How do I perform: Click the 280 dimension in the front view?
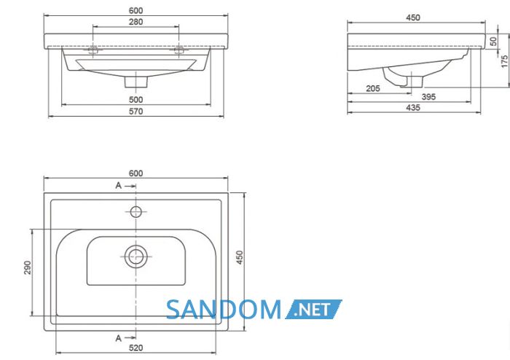tap(136, 22)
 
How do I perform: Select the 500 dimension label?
tap(136, 100)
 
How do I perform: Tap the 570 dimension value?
tap(136, 111)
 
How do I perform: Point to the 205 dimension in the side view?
tap(373, 88)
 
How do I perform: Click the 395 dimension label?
tap(428, 97)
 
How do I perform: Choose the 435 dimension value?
tap(413, 108)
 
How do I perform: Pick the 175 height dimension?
tap(504, 61)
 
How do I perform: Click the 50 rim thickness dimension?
tap(493, 42)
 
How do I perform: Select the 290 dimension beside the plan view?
tap(28, 267)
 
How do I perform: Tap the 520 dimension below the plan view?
tap(136, 348)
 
